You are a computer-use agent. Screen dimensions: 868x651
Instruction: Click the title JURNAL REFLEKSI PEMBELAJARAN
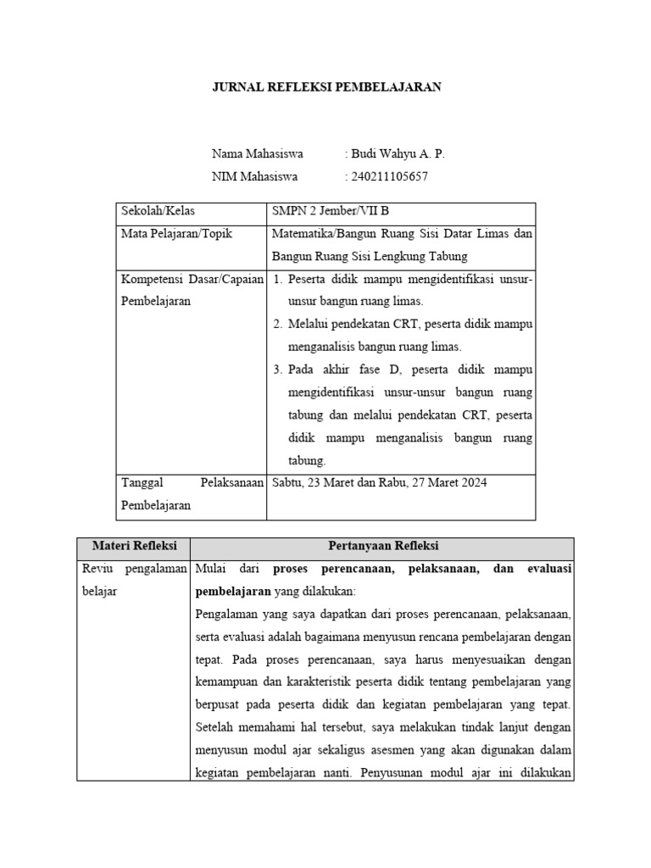[x=326, y=86]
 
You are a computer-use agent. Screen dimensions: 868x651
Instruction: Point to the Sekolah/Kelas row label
[x=158, y=211]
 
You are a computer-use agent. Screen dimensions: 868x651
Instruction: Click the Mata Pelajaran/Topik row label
[x=176, y=233]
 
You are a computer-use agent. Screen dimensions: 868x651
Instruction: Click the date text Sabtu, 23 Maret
[x=313, y=482]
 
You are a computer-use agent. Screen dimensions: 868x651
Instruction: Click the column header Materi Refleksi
[x=133, y=546]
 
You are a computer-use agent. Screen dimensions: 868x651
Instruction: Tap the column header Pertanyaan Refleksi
[x=382, y=546]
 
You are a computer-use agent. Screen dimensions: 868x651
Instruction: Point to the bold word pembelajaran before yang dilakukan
[x=233, y=592]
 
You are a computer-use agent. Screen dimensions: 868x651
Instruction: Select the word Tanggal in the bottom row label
[x=142, y=482]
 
